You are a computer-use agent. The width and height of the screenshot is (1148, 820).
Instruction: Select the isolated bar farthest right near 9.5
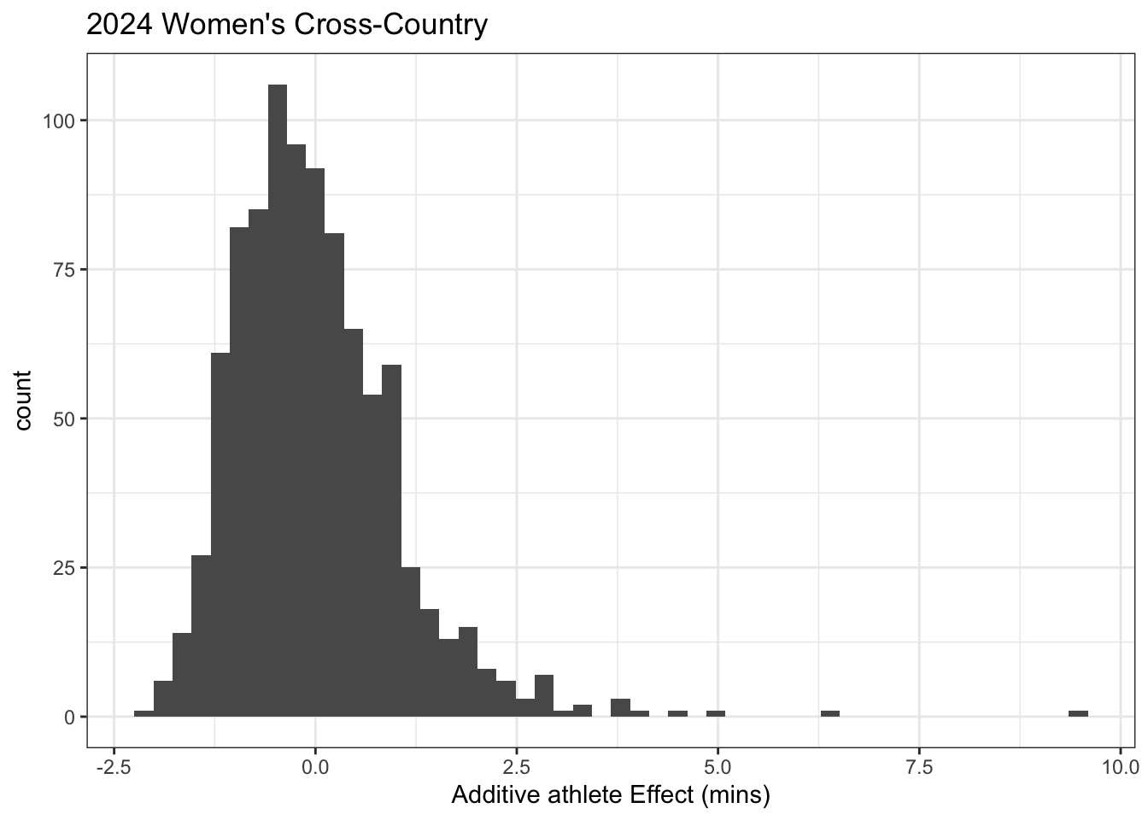tap(1078, 713)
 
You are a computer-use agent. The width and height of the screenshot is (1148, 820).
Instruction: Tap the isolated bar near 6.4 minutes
tap(830, 713)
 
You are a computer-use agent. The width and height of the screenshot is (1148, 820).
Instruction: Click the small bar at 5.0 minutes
tap(716, 713)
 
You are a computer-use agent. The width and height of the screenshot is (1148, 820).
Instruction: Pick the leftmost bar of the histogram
tap(143, 713)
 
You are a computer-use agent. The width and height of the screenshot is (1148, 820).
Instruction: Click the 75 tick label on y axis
tap(64, 270)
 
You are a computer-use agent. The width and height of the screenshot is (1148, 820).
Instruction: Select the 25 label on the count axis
tap(64, 568)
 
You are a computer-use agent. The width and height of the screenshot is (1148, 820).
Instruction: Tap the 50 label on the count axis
tap(64, 419)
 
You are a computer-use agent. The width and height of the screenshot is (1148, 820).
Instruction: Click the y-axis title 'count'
tap(23, 401)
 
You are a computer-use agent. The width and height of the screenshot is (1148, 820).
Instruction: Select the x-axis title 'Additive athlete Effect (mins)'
tap(611, 795)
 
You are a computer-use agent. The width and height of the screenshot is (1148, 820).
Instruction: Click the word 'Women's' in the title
tap(223, 25)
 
